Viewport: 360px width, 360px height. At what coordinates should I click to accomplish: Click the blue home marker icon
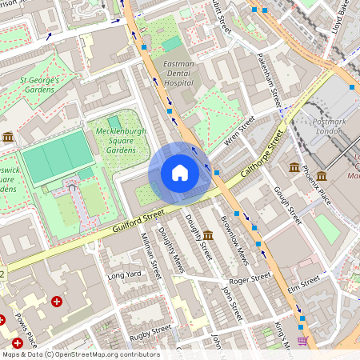pyautogui.click(x=180, y=173)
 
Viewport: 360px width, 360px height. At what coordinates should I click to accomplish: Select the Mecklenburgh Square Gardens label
pyautogui.click(x=110, y=140)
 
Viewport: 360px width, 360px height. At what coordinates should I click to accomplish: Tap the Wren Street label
pyautogui.click(x=239, y=130)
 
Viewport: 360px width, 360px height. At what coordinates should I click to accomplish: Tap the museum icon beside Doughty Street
pyautogui.click(x=208, y=234)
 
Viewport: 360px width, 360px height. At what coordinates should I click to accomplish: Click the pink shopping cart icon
pyautogui.click(x=302, y=340)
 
